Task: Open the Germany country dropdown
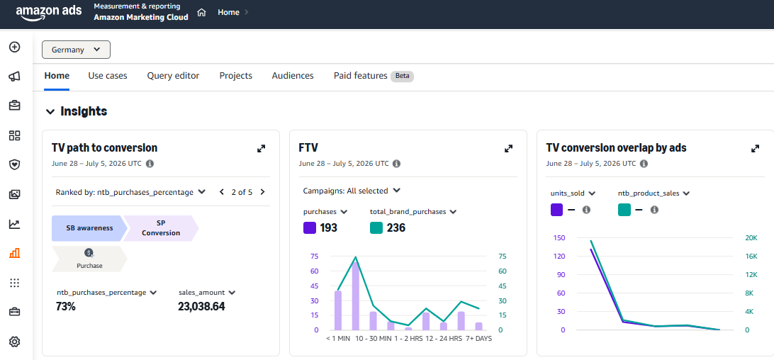point(76,50)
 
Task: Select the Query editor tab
point(173,76)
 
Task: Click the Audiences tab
point(293,76)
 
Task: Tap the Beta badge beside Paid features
point(403,76)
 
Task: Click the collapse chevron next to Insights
point(50,111)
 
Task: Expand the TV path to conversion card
point(261,148)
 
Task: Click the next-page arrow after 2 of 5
point(262,192)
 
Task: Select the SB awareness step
point(89,228)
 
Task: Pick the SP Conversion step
point(161,228)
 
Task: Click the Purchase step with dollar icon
point(89,259)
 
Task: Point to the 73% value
point(66,306)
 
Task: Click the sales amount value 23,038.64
point(201,306)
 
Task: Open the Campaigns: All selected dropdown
point(352,191)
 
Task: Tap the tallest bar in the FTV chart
point(355,296)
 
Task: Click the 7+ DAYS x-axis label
point(479,339)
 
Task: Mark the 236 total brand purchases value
point(396,227)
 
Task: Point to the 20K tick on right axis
point(751,237)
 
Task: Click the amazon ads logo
point(49,13)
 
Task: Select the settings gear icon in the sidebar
point(15,342)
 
